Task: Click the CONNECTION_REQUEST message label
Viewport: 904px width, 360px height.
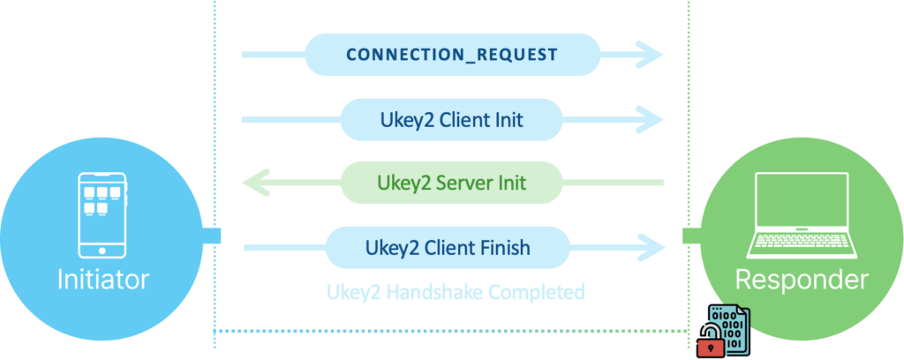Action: coord(451,55)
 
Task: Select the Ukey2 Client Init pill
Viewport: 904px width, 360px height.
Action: coord(451,118)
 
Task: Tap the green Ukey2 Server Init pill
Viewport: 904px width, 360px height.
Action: coord(451,183)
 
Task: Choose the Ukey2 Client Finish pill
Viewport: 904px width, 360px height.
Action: coord(451,247)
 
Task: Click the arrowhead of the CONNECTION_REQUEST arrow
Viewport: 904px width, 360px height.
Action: coord(652,55)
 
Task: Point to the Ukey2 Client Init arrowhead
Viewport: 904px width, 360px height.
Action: coord(652,118)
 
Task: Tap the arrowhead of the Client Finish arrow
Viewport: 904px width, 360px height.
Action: coord(654,248)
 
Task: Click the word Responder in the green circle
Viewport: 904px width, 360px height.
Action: coord(798,280)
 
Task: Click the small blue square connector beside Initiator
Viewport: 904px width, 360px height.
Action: coord(212,236)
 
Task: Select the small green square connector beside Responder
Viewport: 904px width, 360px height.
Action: coord(691,236)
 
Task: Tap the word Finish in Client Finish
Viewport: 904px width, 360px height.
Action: coord(501,247)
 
